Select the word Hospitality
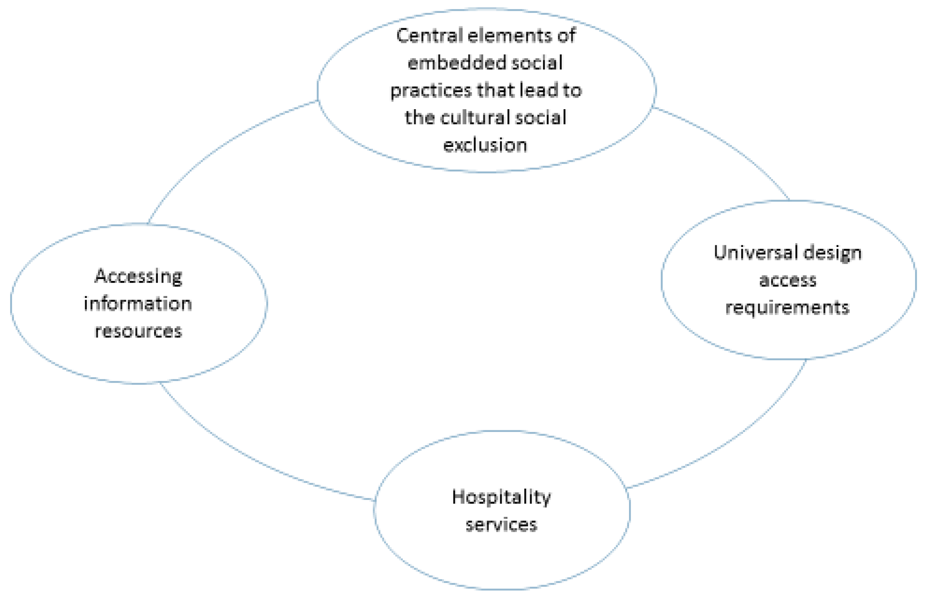pyautogui.click(x=501, y=498)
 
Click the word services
pyautogui.click(x=501, y=525)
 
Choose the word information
pyautogui.click(x=138, y=303)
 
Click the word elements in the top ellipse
pyautogui.click(x=509, y=36)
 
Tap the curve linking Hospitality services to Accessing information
pyautogui.click(x=249, y=459)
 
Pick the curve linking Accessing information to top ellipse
pyautogui.click(x=218, y=148)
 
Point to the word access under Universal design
pyautogui.click(x=788, y=281)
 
